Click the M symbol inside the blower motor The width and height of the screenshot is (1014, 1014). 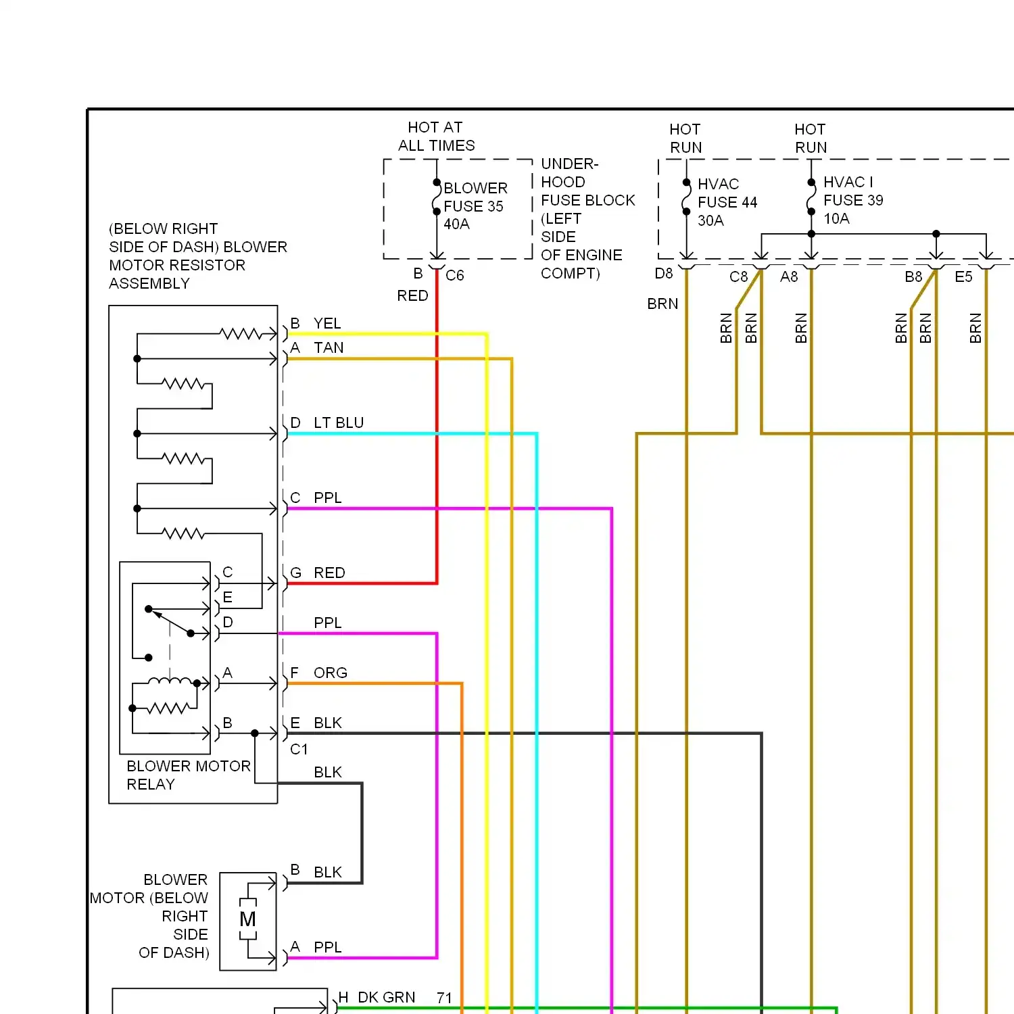click(248, 919)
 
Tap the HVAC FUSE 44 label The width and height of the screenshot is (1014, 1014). click(727, 193)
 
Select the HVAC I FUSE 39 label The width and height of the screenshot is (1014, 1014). click(853, 191)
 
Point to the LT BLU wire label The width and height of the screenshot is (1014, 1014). click(339, 422)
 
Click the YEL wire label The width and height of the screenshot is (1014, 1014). click(327, 323)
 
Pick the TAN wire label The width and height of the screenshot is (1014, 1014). click(329, 347)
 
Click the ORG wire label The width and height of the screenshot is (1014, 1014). click(331, 673)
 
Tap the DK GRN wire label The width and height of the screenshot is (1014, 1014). click(386, 997)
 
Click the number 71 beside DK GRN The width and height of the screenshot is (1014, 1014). click(444, 998)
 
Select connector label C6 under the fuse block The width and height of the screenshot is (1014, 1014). click(455, 275)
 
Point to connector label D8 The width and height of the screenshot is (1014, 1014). click(664, 273)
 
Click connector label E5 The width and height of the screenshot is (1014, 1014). click(963, 276)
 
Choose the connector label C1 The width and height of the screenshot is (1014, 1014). click(299, 749)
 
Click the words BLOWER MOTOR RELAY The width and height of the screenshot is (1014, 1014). click(189, 775)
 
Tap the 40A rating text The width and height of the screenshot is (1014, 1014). click(456, 224)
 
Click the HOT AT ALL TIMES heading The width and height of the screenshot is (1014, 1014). click(436, 136)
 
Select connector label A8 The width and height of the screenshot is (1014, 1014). click(789, 276)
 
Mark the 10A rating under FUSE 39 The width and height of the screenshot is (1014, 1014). click(836, 218)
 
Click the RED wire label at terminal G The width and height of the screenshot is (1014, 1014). click(329, 573)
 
